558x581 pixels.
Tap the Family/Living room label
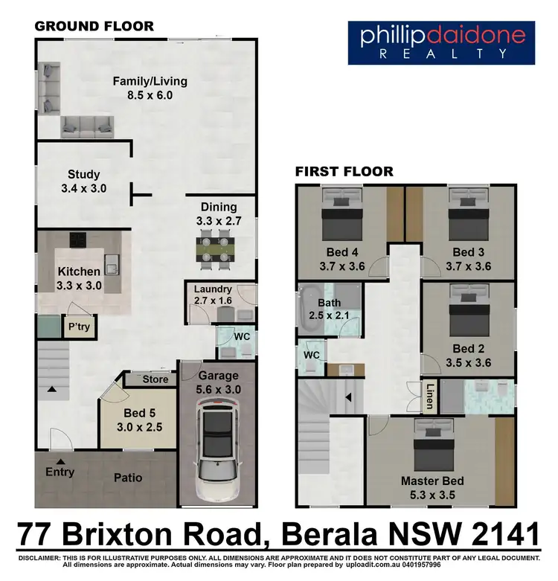point(150,89)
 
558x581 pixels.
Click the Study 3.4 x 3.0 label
point(83,182)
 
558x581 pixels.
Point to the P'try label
point(78,327)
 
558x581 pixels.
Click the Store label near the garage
point(155,379)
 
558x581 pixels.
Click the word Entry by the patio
point(60,472)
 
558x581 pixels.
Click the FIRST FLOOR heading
point(344,172)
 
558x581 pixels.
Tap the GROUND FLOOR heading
point(94,26)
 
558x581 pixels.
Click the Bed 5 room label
point(139,421)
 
